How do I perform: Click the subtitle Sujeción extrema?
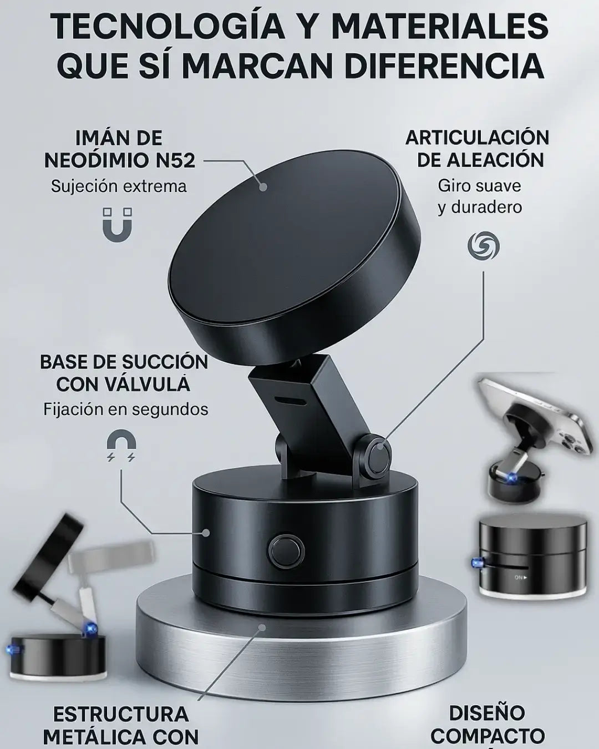(x=119, y=186)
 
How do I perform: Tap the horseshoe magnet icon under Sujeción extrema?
(x=117, y=225)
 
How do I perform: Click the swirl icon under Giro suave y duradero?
(x=483, y=246)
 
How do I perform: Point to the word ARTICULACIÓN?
(x=478, y=138)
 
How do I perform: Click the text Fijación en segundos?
(x=126, y=409)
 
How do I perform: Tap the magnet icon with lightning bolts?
(x=121, y=447)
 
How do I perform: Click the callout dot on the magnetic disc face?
(x=263, y=186)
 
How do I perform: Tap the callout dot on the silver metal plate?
(x=262, y=627)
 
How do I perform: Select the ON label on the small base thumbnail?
(x=520, y=578)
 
